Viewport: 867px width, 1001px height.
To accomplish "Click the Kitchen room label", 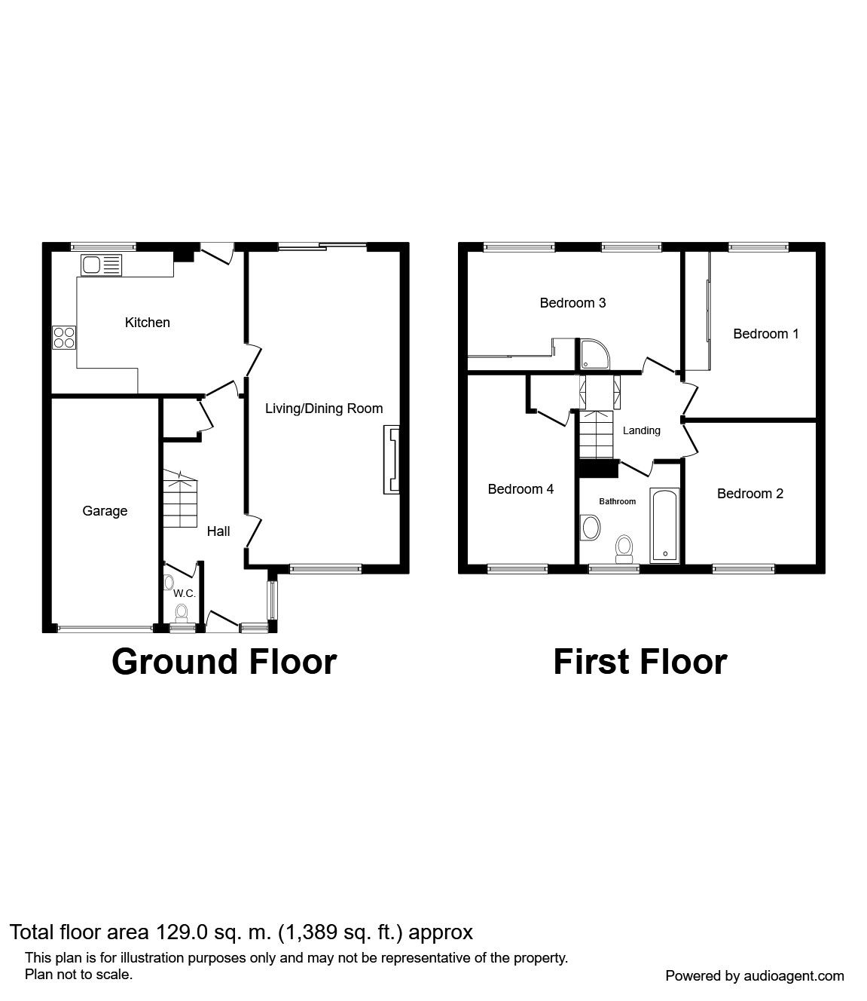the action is (x=147, y=323).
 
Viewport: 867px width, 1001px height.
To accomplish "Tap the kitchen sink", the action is (x=101, y=265).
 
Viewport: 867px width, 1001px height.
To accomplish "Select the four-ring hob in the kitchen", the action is (x=64, y=338).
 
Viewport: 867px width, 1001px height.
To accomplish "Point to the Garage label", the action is (x=105, y=511).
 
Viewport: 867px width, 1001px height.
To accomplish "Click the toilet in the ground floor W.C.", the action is (x=182, y=612).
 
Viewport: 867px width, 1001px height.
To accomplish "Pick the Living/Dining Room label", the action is (x=324, y=409).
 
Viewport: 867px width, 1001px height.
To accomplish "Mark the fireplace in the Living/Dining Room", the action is (x=392, y=460).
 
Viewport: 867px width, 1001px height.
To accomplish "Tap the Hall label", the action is (x=218, y=531).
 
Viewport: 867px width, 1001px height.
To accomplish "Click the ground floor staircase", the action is (x=180, y=498).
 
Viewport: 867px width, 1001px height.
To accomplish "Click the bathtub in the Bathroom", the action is (x=664, y=525).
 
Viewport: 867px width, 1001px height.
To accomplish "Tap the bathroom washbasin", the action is (x=590, y=528).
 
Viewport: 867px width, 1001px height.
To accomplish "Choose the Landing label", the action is (x=642, y=430).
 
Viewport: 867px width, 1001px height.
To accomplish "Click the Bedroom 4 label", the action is (x=521, y=489).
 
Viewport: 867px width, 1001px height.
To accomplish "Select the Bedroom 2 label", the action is (x=749, y=494).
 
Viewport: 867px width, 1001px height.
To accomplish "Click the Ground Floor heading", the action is (x=224, y=662).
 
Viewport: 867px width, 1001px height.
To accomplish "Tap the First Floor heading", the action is (x=640, y=662).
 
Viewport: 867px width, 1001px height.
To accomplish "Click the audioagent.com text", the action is (x=794, y=976).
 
